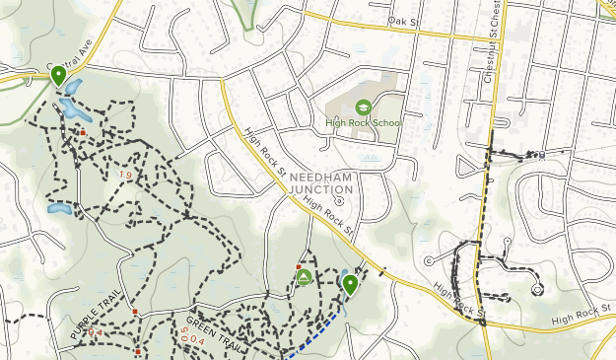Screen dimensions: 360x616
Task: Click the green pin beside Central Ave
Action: [x=58, y=74]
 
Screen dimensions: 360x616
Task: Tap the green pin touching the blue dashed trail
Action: [x=350, y=285]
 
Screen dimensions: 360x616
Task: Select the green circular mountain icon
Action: [x=304, y=278]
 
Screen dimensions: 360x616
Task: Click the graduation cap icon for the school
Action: [x=363, y=108]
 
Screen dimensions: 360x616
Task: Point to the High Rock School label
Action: [x=364, y=123]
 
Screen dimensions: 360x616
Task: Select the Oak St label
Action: [x=403, y=20]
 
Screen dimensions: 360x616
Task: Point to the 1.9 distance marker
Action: [x=124, y=175]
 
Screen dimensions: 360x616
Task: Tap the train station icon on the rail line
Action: [x=541, y=155]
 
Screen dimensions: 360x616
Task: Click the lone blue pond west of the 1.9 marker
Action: [x=59, y=209]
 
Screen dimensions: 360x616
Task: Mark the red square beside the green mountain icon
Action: [x=298, y=266]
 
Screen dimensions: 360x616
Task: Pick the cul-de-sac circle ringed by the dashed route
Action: [x=538, y=289]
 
